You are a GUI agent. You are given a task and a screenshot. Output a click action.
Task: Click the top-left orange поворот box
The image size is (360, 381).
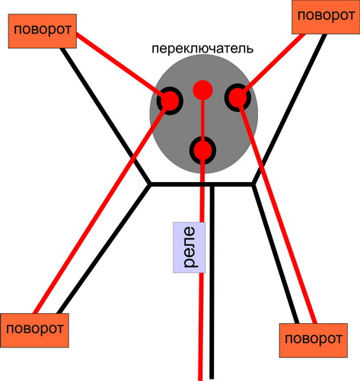pyautogui.click(x=43, y=31)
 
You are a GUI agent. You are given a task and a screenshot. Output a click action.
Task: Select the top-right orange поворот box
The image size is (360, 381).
pyautogui.click(x=326, y=17)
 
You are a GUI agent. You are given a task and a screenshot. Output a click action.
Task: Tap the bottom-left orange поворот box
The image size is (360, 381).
pyautogui.click(x=34, y=330)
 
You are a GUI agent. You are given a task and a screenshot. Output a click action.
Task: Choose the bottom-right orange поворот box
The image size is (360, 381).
pyautogui.click(x=314, y=341)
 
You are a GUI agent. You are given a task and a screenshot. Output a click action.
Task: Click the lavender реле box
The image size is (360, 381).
pyautogui.click(x=189, y=248)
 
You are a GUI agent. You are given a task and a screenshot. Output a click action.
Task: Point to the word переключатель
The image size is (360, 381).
pyautogui.click(x=202, y=49)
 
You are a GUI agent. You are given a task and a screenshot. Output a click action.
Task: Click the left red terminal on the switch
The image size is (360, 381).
pyautogui.click(x=170, y=101)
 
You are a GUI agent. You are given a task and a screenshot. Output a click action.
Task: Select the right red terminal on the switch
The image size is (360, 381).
pyautogui.click(x=237, y=98)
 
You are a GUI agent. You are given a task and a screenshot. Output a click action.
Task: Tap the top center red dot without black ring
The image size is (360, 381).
pyautogui.click(x=202, y=90)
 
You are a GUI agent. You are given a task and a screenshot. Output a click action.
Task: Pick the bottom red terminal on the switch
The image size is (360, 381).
pyautogui.click(x=202, y=150)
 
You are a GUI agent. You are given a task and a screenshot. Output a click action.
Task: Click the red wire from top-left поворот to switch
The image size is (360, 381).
pyautogui.click(x=121, y=66)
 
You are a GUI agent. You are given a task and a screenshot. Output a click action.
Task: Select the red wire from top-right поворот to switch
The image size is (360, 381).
pyautogui.click(x=272, y=66)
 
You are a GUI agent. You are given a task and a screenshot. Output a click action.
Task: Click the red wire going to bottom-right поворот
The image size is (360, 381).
pyautogui.click(x=277, y=211)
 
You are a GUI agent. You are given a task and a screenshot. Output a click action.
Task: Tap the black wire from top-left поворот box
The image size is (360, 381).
pyautogui.click(x=105, y=116)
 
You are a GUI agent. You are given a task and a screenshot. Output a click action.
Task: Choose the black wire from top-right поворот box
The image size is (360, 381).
pyautogui.click(x=289, y=109)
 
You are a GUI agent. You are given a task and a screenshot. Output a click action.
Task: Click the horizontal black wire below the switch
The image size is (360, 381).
pyautogui.click(x=202, y=184)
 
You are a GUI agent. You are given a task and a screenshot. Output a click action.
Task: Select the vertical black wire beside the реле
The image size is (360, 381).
pyautogui.click(x=212, y=283)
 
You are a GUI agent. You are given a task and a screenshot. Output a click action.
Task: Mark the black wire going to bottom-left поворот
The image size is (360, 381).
pyautogui.click(x=104, y=249)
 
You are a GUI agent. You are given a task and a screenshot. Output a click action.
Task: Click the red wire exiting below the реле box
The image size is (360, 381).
pyautogui.click(x=201, y=327)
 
